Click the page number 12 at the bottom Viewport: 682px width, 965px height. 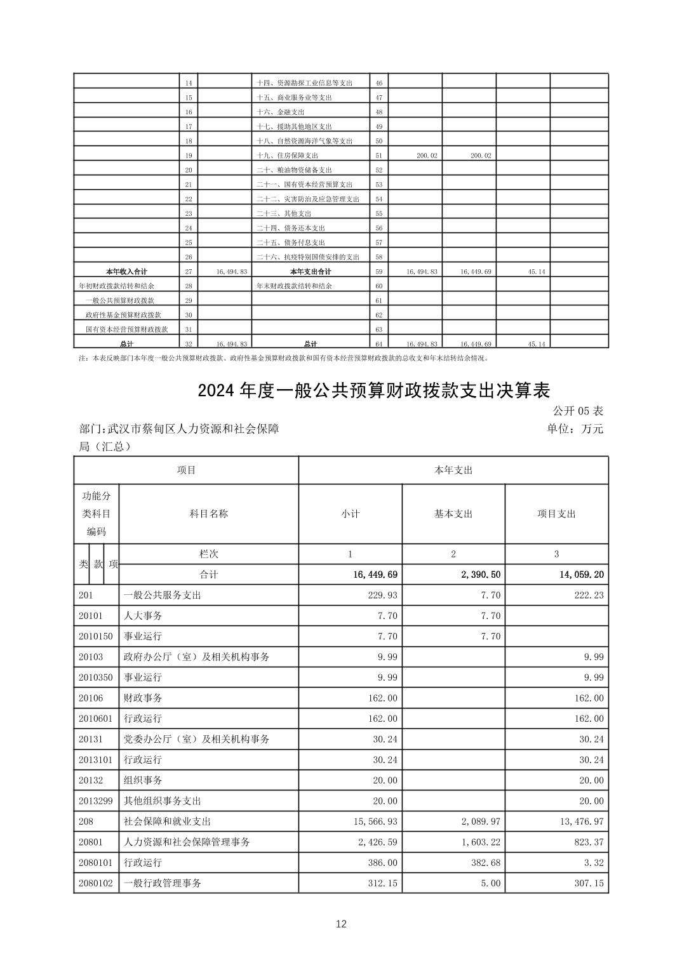click(x=341, y=924)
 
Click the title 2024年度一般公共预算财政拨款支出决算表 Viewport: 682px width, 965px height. click(x=373, y=390)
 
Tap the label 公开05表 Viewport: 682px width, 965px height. click(x=578, y=411)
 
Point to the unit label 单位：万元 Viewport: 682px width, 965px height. click(x=575, y=429)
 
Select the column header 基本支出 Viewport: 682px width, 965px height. click(x=453, y=514)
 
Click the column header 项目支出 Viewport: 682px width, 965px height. click(x=556, y=514)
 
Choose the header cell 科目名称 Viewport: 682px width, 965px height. click(x=208, y=514)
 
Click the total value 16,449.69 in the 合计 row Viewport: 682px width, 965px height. click(x=375, y=575)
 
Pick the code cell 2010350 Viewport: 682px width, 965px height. click(x=96, y=677)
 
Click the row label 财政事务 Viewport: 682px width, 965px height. click(x=143, y=698)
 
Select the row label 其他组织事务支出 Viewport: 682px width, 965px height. click(x=162, y=801)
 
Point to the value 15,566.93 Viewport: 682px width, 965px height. click(x=375, y=822)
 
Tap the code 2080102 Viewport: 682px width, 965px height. click(x=96, y=883)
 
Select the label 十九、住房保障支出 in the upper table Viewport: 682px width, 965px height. click(x=287, y=156)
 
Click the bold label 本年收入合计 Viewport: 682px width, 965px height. click(x=126, y=272)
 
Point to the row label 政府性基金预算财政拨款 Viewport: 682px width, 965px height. click(x=123, y=315)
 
